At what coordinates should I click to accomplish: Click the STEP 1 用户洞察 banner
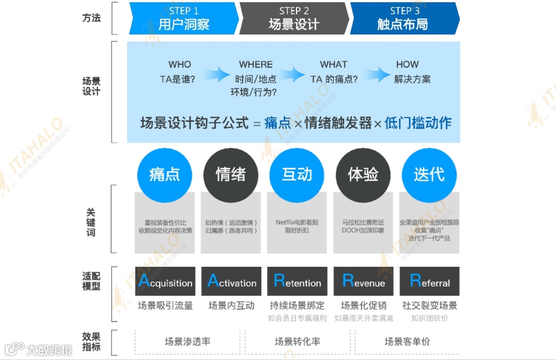point(184,18)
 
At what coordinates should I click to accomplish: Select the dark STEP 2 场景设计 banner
point(294,18)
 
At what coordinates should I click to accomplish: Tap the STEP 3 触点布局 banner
point(404,18)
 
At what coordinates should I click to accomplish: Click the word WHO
point(180,64)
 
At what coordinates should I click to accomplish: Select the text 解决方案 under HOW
point(412,79)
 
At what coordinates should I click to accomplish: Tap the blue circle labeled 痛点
point(164,175)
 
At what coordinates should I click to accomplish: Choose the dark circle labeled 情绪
point(231,175)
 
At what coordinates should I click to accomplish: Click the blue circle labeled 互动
point(297,175)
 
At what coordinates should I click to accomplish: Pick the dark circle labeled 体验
point(363,175)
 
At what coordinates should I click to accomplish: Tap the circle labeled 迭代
point(429,175)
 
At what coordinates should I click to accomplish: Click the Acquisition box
point(165,281)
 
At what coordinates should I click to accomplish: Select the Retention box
point(298,281)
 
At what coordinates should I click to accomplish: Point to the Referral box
point(429,281)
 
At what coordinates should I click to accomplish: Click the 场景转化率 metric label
point(298,341)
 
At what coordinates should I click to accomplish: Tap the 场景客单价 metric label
point(407,341)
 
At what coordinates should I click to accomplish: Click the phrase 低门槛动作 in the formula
point(418,123)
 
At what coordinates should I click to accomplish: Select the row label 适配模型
point(91,281)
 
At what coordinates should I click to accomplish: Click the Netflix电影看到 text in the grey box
point(297,222)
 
